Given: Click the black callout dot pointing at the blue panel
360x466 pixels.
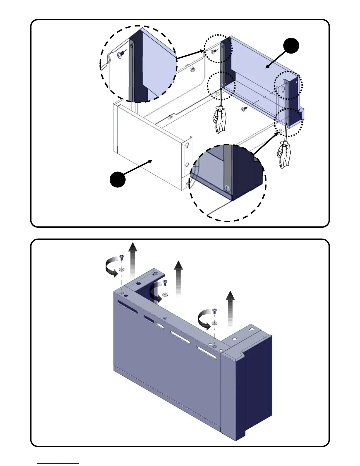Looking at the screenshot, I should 291,46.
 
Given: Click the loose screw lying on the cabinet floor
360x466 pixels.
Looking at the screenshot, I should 244,109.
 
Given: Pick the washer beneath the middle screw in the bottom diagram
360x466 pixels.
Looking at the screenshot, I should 165,294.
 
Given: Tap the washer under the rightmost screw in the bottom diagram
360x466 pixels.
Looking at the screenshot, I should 215,323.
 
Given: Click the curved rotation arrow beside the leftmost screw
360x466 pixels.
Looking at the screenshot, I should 111,267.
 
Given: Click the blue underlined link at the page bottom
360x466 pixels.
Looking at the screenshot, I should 58,463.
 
